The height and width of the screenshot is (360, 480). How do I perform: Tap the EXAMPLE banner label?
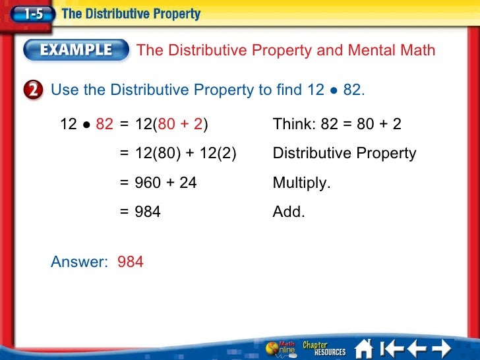pos(78,50)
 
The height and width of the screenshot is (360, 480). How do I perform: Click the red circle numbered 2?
pos(37,90)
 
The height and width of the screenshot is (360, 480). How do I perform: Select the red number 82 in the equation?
pos(104,124)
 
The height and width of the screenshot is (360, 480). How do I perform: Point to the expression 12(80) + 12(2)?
pos(185,154)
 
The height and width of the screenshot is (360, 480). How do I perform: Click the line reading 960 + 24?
pos(165,183)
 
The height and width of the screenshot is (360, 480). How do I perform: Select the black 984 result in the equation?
pos(148,212)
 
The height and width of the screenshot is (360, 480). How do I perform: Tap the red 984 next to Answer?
pos(131,262)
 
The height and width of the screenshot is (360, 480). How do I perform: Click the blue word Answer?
pos(78,262)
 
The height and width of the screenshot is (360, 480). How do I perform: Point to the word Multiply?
pos(301,183)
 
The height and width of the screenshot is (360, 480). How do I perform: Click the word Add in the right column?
pos(289,212)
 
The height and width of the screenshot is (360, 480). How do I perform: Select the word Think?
pos(293,124)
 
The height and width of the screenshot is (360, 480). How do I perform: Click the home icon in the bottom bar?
pos(365,347)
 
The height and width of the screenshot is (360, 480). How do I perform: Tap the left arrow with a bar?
pos(393,347)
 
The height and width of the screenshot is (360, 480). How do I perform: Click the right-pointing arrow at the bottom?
pos(440,347)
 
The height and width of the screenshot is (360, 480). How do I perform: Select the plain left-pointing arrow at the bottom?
pos(417,347)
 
